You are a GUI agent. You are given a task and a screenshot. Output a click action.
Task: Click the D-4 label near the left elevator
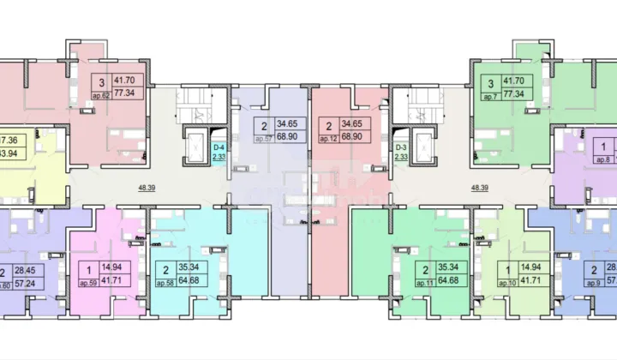pos(219,147)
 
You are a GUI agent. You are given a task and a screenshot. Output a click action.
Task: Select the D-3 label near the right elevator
pos(400,147)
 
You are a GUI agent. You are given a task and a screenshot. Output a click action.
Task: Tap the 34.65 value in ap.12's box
pos(356,125)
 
